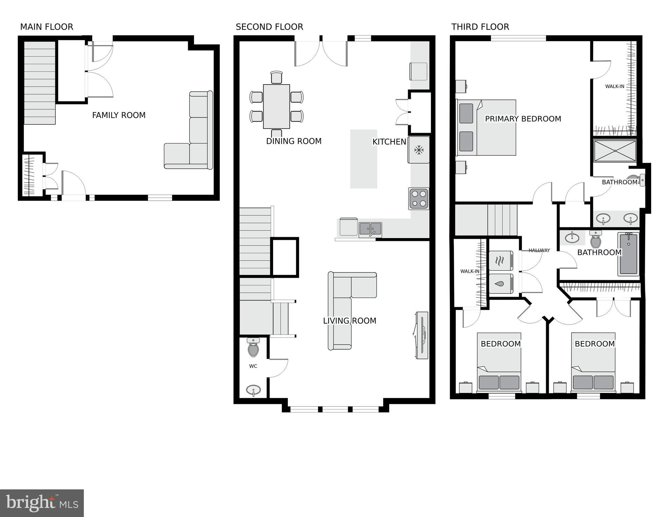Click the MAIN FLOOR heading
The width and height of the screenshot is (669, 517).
[46, 27]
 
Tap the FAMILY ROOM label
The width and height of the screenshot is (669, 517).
[119, 115]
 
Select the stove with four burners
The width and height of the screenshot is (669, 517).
[419, 198]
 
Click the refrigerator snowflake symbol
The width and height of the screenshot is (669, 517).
[419, 150]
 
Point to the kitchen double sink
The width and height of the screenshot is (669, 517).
[370, 229]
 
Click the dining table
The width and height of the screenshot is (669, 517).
[276, 106]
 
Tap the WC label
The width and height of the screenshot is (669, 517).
[253, 366]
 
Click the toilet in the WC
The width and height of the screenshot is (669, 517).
[253, 348]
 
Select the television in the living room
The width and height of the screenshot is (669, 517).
[422, 335]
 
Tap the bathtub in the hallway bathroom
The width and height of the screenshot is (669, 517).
[628, 254]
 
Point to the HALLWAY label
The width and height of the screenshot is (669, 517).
[539, 250]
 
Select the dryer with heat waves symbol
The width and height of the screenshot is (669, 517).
[501, 260]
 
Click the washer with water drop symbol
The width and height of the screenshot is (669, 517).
[501, 284]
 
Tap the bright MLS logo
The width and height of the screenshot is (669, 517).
[42, 503]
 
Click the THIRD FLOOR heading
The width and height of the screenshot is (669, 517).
[480, 27]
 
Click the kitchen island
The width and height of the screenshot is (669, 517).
[363, 159]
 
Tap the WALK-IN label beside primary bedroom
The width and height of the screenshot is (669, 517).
[614, 87]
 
